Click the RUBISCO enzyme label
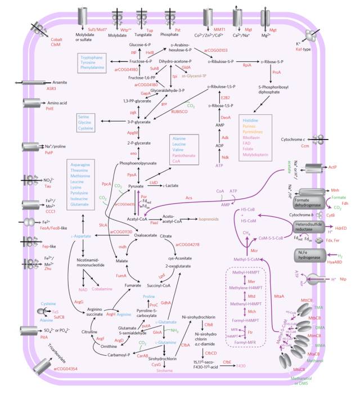[x=180, y=111]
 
